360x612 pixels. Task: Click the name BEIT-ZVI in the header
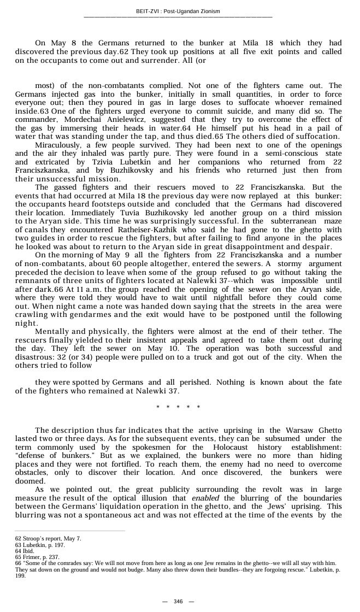(147, 11)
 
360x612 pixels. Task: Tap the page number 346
(178, 601)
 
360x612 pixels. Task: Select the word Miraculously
(58, 145)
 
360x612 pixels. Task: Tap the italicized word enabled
(205, 498)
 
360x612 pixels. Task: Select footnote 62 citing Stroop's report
(48, 539)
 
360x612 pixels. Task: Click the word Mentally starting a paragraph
(52, 331)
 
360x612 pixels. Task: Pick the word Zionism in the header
(210, 11)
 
